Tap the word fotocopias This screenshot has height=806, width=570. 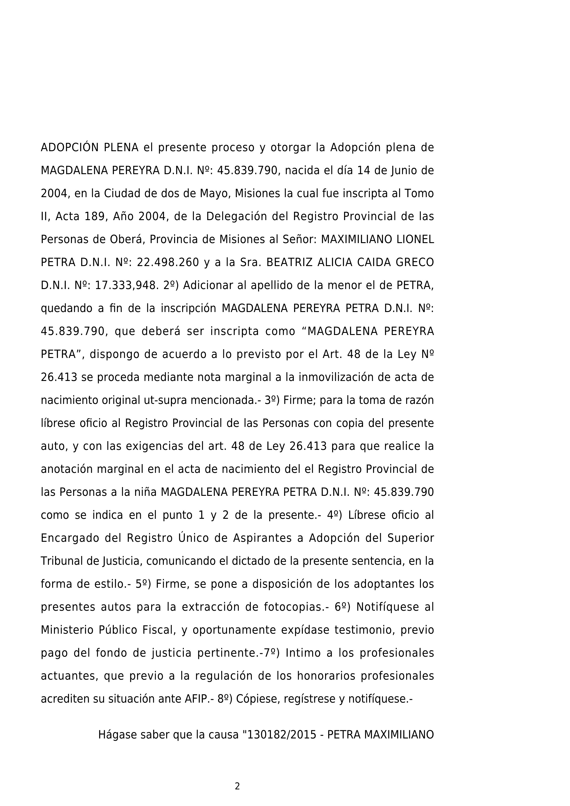tap(292, 607)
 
